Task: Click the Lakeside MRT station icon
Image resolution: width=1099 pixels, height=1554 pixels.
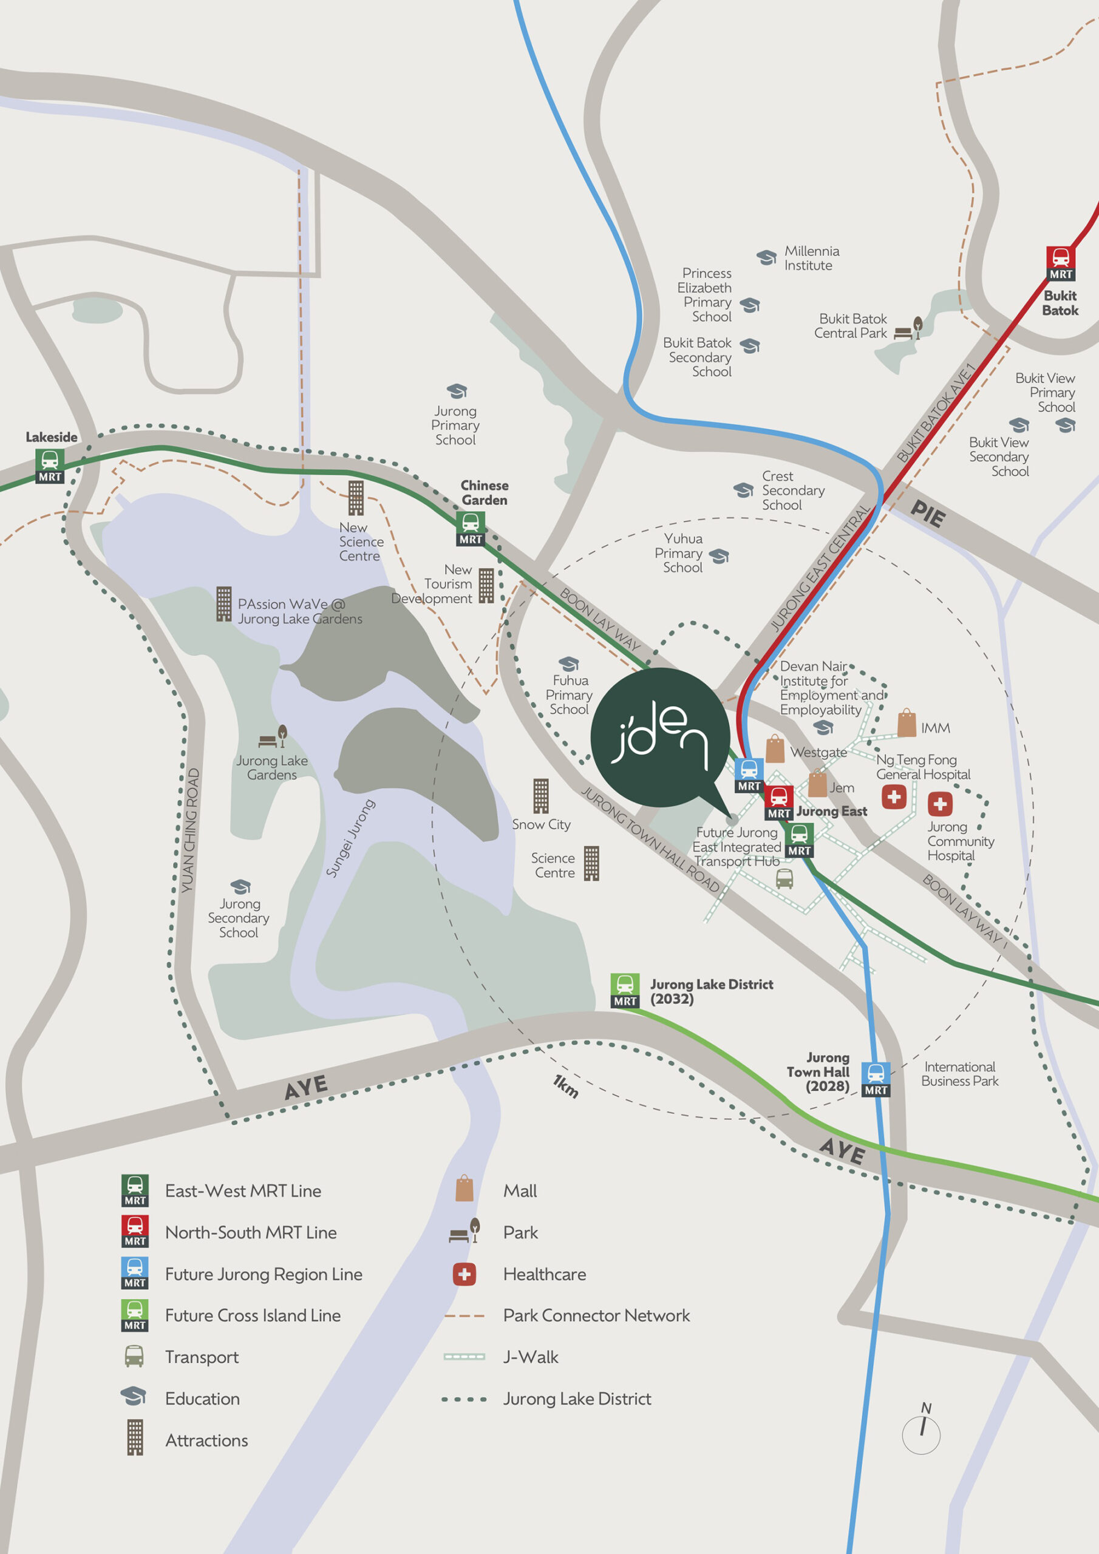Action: (50, 466)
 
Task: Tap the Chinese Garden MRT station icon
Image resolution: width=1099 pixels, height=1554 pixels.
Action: (471, 528)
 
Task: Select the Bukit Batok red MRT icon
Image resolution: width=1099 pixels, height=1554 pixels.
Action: (1060, 263)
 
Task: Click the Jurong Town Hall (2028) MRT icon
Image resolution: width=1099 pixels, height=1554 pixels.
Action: (876, 1079)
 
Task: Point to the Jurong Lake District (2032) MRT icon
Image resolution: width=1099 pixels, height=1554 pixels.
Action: (625, 990)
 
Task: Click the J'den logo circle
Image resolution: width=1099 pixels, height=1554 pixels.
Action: (659, 738)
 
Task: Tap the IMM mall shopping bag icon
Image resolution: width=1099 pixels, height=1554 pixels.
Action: (907, 724)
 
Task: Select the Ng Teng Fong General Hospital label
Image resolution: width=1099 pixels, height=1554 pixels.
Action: (923, 767)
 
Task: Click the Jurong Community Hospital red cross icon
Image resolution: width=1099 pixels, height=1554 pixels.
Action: (939, 804)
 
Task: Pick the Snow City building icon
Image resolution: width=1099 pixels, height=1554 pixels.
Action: (540, 795)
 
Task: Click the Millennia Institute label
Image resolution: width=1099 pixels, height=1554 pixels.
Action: (811, 259)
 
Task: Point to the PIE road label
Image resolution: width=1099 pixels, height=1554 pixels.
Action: (928, 514)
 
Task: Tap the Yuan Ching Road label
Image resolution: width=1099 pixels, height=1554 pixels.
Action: (190, 830)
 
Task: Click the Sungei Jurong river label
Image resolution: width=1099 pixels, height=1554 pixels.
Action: (350, 838)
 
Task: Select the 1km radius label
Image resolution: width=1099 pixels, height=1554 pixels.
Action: (565, 1085)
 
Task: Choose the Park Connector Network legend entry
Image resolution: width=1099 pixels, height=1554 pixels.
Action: (596, 1315)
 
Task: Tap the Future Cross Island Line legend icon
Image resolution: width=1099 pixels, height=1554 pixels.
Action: (135, 1315)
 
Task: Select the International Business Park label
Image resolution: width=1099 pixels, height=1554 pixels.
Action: (959, 1073)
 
